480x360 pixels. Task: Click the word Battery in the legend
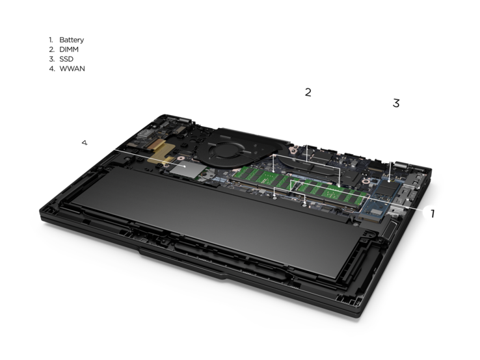click(72, 40)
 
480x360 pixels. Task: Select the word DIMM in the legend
click(69, 49)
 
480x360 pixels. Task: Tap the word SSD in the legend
click(66, 59)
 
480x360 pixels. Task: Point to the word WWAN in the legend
click(72, 68)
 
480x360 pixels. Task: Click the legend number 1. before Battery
click(51, 40)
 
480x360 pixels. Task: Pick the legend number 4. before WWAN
click(52, 68)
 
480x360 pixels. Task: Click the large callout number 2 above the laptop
click(308, 92)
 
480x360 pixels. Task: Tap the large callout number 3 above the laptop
click(396, 103)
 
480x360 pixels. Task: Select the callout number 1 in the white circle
click(433, 214)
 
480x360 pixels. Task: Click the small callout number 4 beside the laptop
click(85, 142)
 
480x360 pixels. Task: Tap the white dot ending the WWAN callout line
click(184, 166)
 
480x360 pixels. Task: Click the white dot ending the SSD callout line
click(390, 181)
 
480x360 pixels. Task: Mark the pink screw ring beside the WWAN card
click(180, 158)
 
